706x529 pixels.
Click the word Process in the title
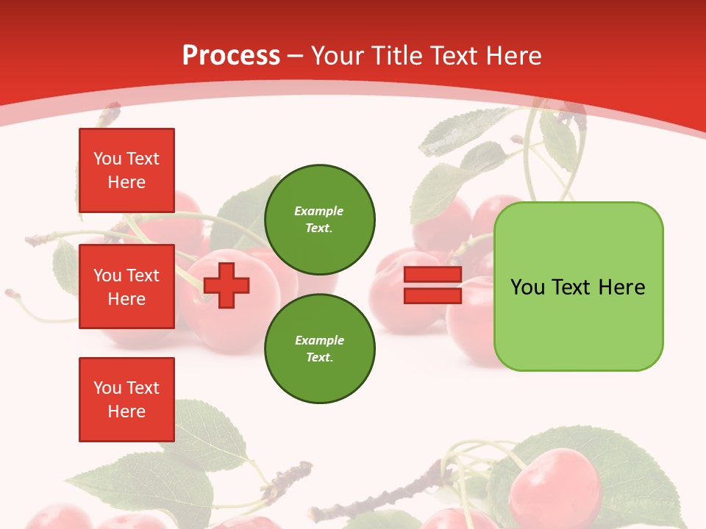231,56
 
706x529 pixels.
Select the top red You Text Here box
126,170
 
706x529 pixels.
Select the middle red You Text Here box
126,287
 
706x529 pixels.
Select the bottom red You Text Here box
126,399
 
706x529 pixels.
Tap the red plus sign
227,285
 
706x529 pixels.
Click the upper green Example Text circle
320,219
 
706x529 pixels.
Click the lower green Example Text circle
320,348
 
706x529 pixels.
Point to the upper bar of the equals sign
432,275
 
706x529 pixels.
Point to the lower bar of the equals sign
432,295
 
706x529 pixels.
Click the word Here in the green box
621,287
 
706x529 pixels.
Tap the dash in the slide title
296,56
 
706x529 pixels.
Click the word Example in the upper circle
319,211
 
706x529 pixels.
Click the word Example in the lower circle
319,340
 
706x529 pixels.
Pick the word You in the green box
528,287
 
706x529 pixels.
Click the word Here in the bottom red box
126,411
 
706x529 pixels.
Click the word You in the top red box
107,159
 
